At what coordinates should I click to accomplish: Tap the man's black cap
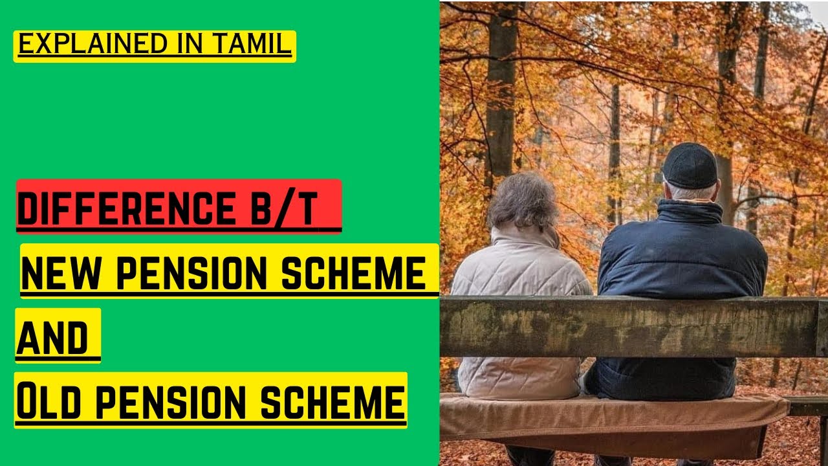pos(690,164)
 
